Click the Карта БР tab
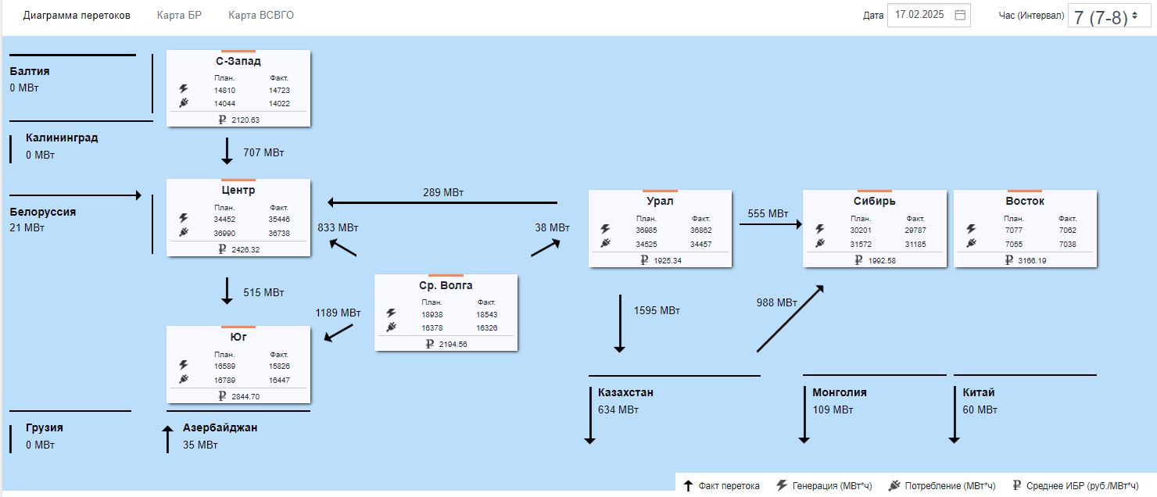[179, 16]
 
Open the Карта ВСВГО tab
[261, 16]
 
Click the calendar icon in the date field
[960, 15]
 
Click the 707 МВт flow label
[263, 152]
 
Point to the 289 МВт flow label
[443, 192]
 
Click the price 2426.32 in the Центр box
[245, 250]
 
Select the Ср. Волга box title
[446, 285]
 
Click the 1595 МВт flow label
[657, 311]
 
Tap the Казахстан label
[625, 392]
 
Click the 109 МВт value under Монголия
[833, 409]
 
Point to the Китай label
[978, 392]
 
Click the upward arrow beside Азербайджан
[167, 439]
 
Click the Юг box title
[238, 337]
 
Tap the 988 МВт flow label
[777, 303]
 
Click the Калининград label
[62, 138]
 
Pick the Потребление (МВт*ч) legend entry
[950, 485]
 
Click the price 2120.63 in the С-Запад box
[245, 120]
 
